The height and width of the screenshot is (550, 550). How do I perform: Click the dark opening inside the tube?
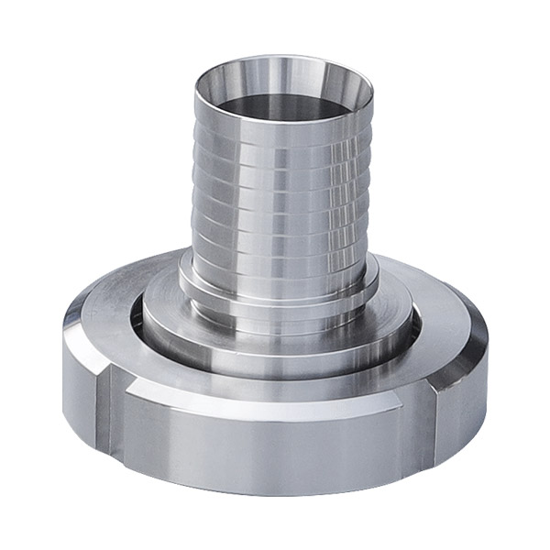[275, 101]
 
